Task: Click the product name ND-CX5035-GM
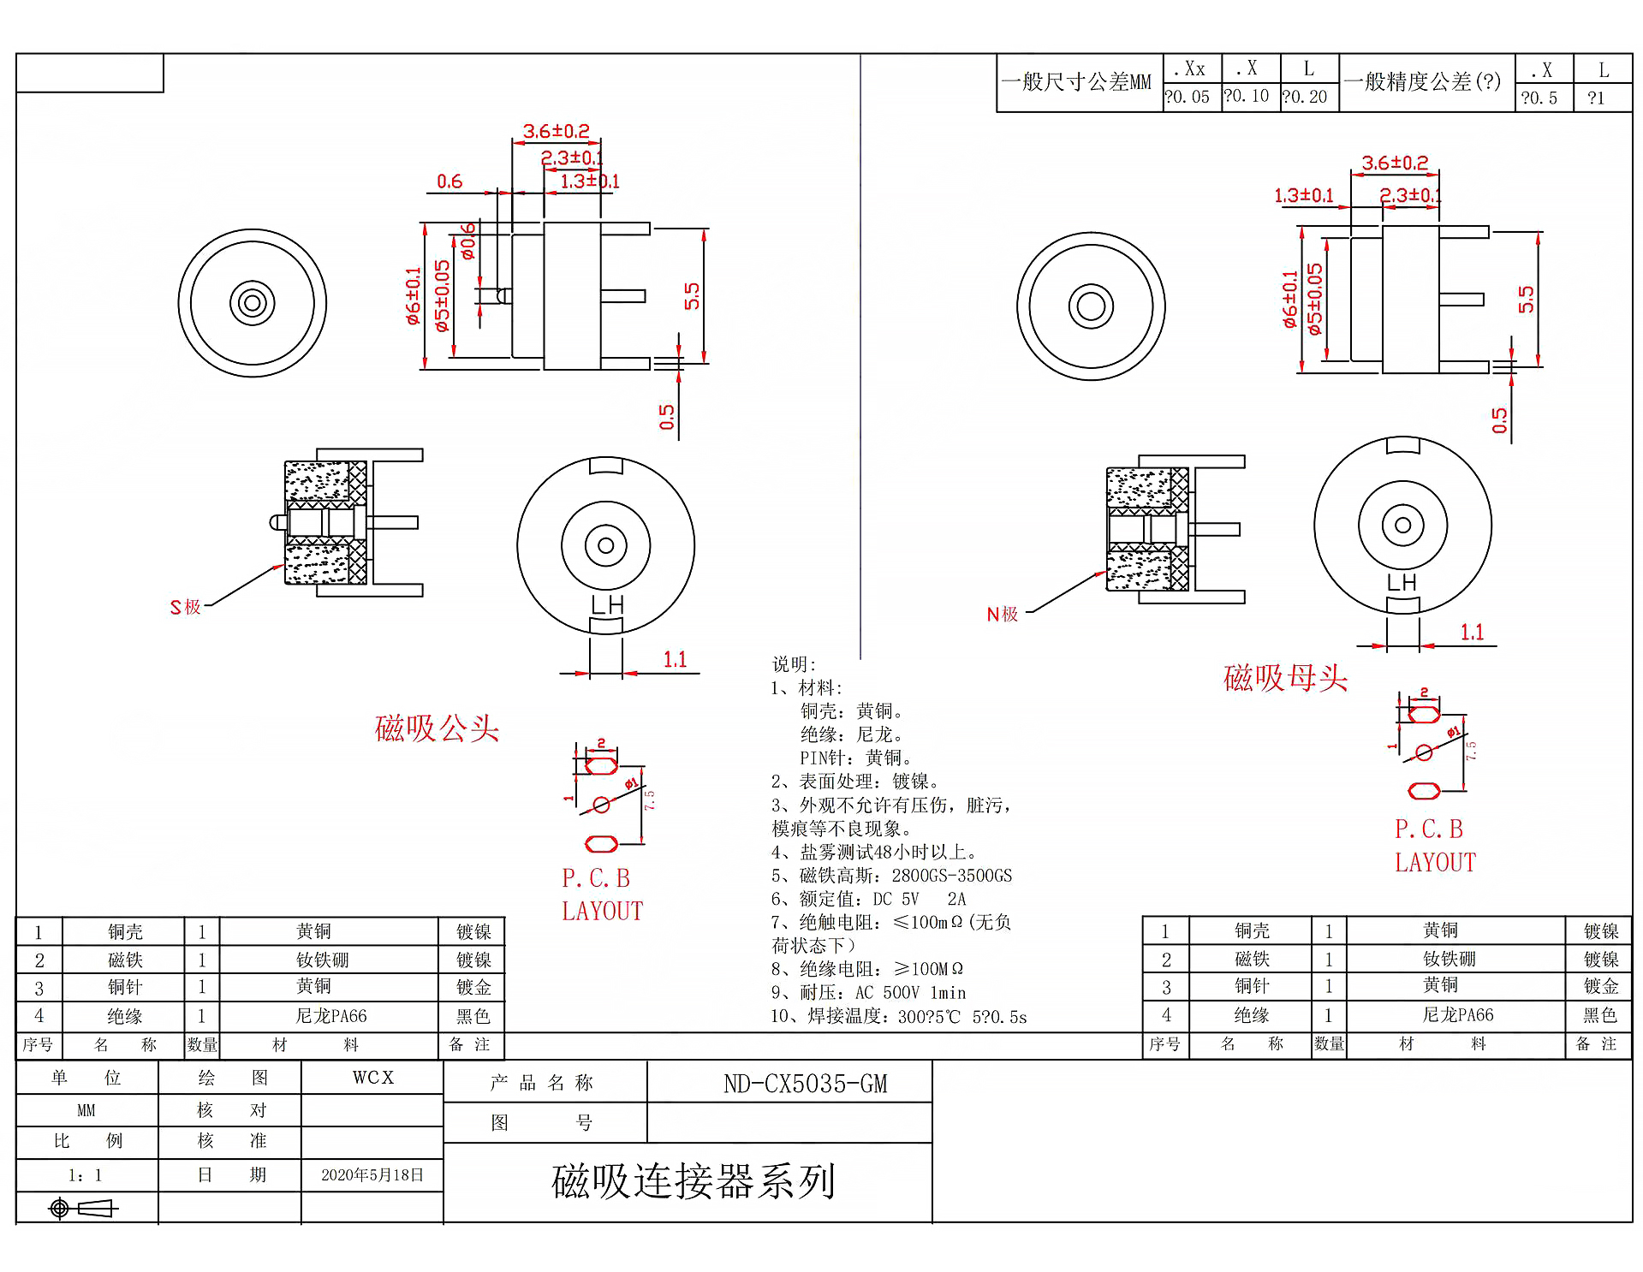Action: pos(805,1084)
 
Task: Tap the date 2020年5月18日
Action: pos(372,1174)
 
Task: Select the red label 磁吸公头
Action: pos(437,728)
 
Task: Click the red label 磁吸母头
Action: pos(1285,678)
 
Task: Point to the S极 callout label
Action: pos(186,607)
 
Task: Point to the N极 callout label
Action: pos(1002,614)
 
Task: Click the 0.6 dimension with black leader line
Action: pos(449,181)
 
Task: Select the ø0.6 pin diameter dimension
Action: pos(467,241)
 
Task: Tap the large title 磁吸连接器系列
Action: pos(693,1181)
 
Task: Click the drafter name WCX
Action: pos(372,1078)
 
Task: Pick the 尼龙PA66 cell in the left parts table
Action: pos(330,1016)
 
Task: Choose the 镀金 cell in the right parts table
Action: pos(1600,986)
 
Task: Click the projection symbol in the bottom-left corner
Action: pos(82,1208)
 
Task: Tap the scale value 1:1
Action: pos(86,1175)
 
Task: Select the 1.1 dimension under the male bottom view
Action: pos(675,659)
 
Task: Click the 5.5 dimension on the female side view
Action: pos(1526,300)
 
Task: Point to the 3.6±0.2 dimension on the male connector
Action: pos(556,131)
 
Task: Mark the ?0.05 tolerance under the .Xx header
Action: pos(1188,97)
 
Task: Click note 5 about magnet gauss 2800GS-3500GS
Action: pos(891,876)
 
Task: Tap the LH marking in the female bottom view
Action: pos(1402,583)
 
